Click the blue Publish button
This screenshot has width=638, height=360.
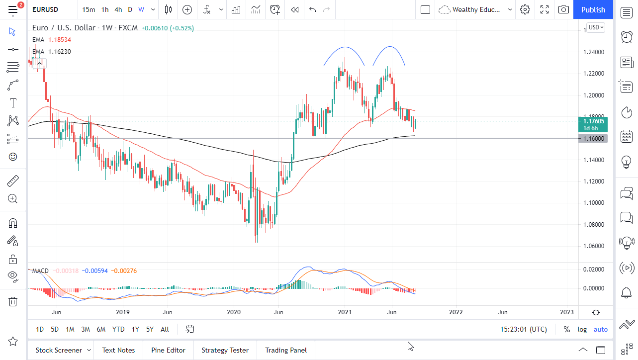click(x=593, y=9)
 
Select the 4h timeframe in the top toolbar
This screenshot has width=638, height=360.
click(x=118, y=9)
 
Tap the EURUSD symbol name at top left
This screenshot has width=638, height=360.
click(x=45, y=9)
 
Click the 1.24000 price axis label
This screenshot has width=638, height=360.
click(x=593, y=52)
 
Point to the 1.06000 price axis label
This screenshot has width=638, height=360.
click(x=593, y=246)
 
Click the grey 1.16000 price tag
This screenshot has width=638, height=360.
click(x=593, y=138)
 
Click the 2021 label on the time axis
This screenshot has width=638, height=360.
click(x=345, y=312)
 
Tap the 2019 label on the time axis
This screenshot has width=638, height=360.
click(x=122, y=312)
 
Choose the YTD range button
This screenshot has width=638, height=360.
click(x=118, y=329)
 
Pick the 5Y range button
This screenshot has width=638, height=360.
click(x=150, y=329)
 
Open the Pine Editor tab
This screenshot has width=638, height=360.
click(x=168, y=350)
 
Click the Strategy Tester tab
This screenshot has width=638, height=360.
click(x=225, y=350)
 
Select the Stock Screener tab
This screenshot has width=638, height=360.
click(x=59, y=350)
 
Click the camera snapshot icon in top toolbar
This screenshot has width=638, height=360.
click(x=563, y=9)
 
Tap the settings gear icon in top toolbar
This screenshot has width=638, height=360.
click(x=525, y=9)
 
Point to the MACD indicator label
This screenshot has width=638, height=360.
click(x=40, y=271)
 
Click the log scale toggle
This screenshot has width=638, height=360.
click(x=582, y=329)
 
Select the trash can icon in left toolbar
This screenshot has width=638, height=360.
click(x=13, y=301)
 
